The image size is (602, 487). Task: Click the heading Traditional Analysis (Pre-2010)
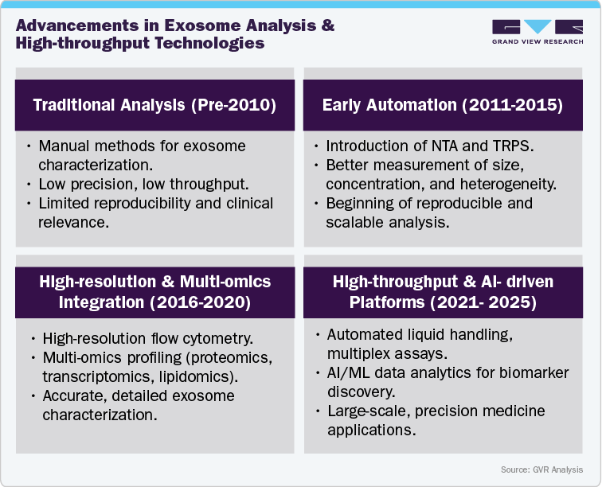(154, 105)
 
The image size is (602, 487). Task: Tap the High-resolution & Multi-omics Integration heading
(154, 291)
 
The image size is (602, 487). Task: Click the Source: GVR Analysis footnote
(541, 470)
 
